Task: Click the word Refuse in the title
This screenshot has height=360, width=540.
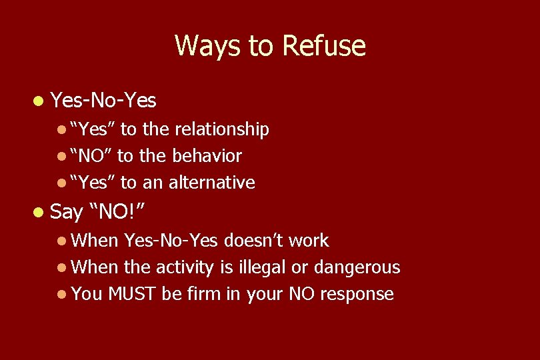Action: pyautogui.click(x=324, y=46)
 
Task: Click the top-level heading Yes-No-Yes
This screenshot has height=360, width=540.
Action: pyautogui.click(x=103, y=101)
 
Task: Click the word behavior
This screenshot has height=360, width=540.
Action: pyautogui.click(x=207, y=157)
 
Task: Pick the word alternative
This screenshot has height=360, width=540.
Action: pyautogui.click(x=213, y=183)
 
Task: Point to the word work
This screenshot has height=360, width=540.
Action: pyautogui.click(x=308, y=240)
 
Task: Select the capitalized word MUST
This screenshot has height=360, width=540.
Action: pyautogui.click(x=133, y=294)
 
